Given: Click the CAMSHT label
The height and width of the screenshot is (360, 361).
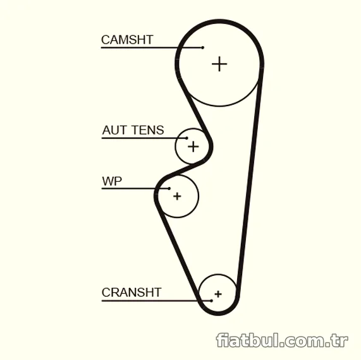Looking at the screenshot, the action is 127,40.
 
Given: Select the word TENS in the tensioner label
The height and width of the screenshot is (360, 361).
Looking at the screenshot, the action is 149,130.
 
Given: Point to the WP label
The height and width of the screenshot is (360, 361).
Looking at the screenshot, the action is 112,181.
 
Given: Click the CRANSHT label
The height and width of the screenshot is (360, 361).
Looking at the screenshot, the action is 132,292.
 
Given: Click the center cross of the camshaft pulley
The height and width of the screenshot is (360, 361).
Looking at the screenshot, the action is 219,64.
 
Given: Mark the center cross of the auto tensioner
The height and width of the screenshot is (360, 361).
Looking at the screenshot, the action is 193,147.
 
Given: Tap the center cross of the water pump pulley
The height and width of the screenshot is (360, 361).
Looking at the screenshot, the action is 177,196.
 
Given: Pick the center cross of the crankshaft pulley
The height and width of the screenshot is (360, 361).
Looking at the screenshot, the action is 218,294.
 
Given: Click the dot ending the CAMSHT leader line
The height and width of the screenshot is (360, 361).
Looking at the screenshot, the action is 202,47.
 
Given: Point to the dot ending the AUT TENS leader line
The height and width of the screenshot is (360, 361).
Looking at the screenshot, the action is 187,138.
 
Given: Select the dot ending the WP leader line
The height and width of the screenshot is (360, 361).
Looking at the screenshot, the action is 169,188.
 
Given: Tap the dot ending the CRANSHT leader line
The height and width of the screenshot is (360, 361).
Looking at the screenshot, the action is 211,301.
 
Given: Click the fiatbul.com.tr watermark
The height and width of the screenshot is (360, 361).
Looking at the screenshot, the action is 282,340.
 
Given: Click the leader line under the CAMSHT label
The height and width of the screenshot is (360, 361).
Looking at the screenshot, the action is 152,47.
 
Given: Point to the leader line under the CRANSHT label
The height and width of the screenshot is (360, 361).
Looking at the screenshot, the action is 156,301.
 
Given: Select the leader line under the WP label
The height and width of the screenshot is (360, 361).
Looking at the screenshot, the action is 135,188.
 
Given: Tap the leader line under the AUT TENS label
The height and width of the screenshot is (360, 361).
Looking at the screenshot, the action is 144,138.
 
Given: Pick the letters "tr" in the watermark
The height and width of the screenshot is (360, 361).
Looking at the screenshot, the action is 340,341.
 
